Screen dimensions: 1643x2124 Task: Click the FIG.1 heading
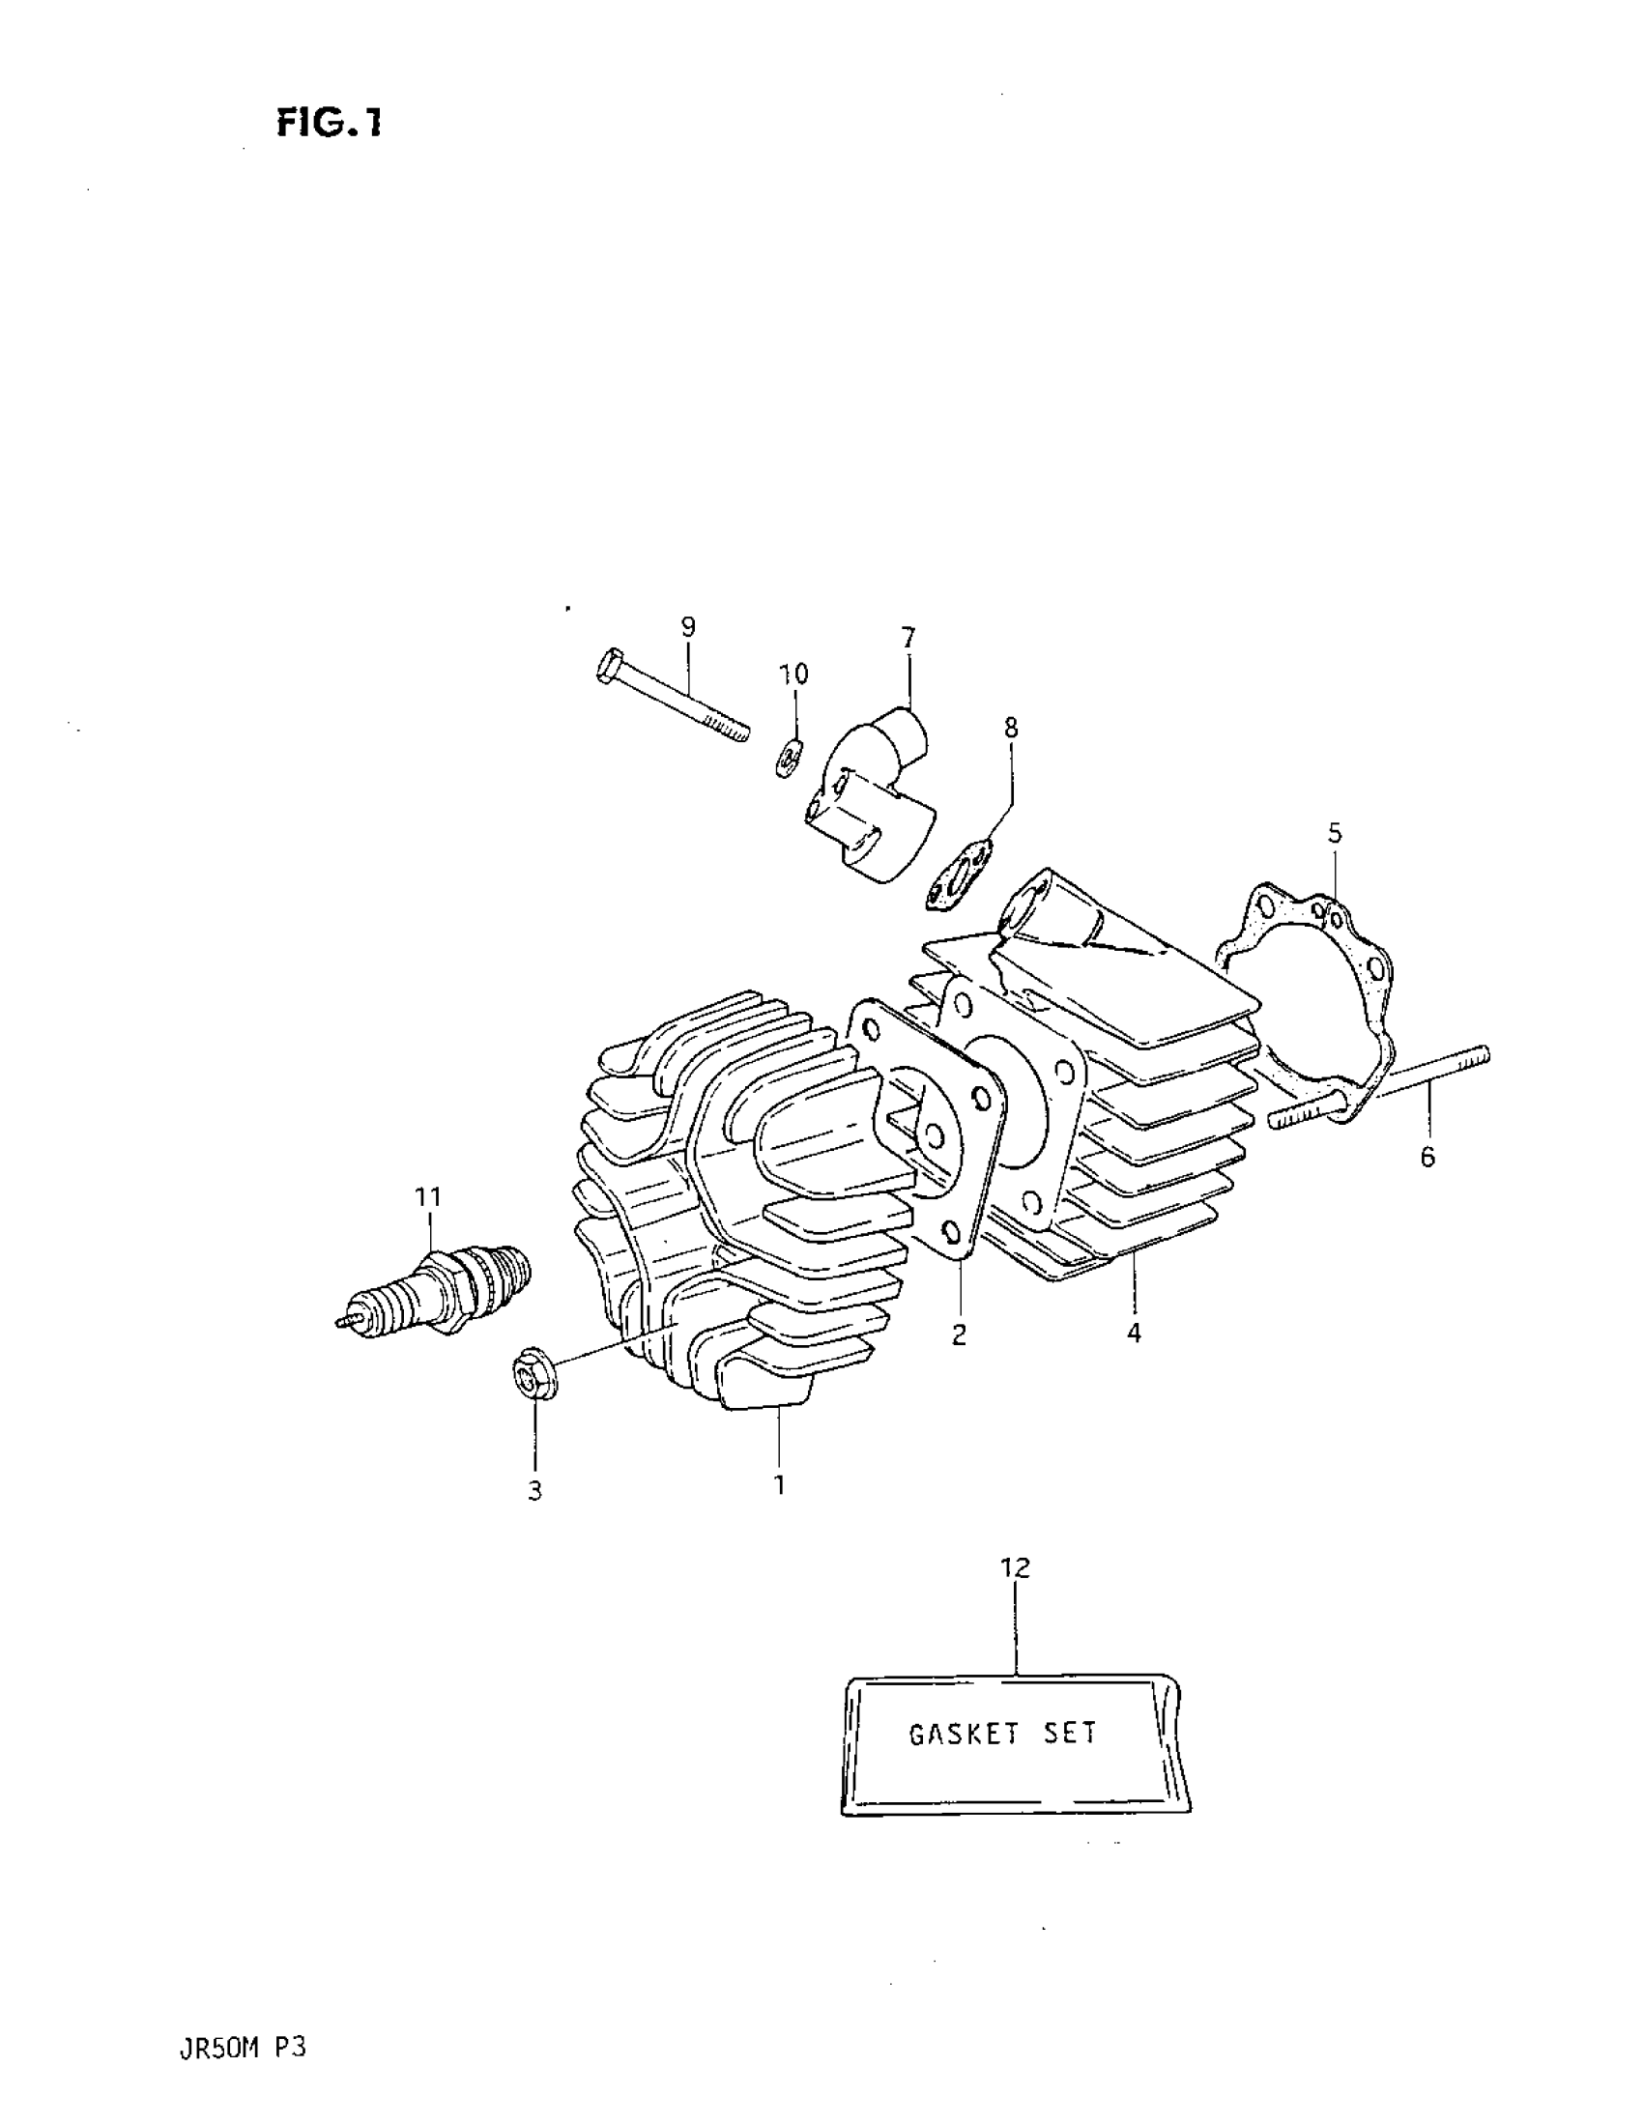click(x=329, y=123)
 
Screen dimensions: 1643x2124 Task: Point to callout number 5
click(x=1335, y=832)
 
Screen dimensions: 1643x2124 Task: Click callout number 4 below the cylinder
click(x=1134, y=1332)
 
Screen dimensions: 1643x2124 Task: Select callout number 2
click(x=959, y=1335)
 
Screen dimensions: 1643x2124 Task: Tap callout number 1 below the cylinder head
click(x=778, y=1485)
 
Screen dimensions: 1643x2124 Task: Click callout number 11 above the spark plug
click(x=429, y=1196)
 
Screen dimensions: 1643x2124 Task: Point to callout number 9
click(x=688, y=626)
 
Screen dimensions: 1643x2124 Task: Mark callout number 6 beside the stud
click(x=1427, y=1157)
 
